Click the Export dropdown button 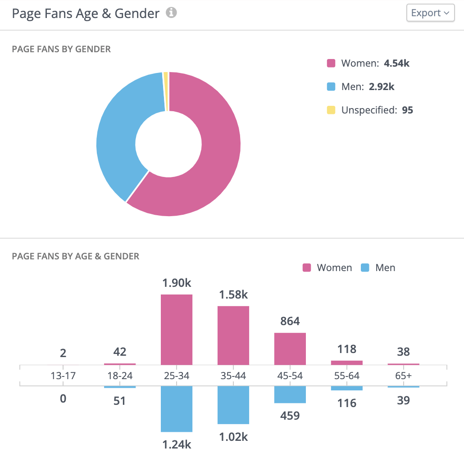[x=430, y=13]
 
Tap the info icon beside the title [x=171, y=13]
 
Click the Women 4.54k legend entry [x=368, y=63]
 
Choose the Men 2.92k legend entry [x=360, y=86]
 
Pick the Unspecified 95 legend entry [x=370, y=110]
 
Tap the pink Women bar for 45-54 [x=290, y=349]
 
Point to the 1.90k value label [x=177, y=283]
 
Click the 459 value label [x=290, y=415]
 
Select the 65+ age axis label [x=404, y=376]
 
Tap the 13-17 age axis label [x=63, y=376]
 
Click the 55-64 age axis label [x=347, y=376]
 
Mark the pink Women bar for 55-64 [x=347, y=362]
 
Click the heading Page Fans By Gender [x=61, y=49]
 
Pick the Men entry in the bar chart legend [x=378, y=268]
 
